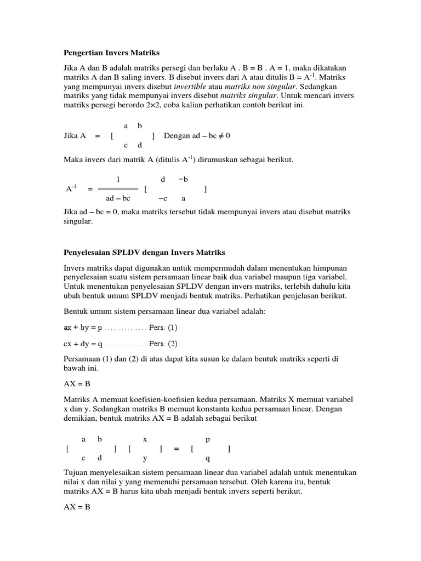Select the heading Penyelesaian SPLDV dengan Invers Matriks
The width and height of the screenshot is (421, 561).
pyautogui.click(x=145, y=253)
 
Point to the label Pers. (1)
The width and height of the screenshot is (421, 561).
pyautogui.click(x=163, y=328)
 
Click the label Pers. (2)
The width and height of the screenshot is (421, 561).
pyautogui.click(x=163, y=344)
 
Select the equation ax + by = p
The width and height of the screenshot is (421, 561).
pyautogui.click(x=83, y=328)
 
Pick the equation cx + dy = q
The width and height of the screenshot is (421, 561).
pyautogui.click(x=83, y=344)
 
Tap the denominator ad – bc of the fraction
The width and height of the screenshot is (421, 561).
pyautogui.click(x=118, y=199)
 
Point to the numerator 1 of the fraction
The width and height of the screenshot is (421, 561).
pyautogui.click(x=118, y=179)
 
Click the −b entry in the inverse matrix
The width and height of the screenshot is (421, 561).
pyautogui.click(x=183, y=179)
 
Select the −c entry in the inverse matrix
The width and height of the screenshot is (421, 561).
pyautogui.click(x=162, y=199)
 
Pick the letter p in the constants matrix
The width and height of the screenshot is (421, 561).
pyautogui.click(x=208, y=439)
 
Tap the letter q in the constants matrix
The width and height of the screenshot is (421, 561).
pyautogui.click(x=207, y=459)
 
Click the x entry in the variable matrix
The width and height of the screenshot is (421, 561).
pyautogui.click(x=145, y=439)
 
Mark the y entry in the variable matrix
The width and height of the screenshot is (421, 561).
pyautogui.click(x=145, y=459)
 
